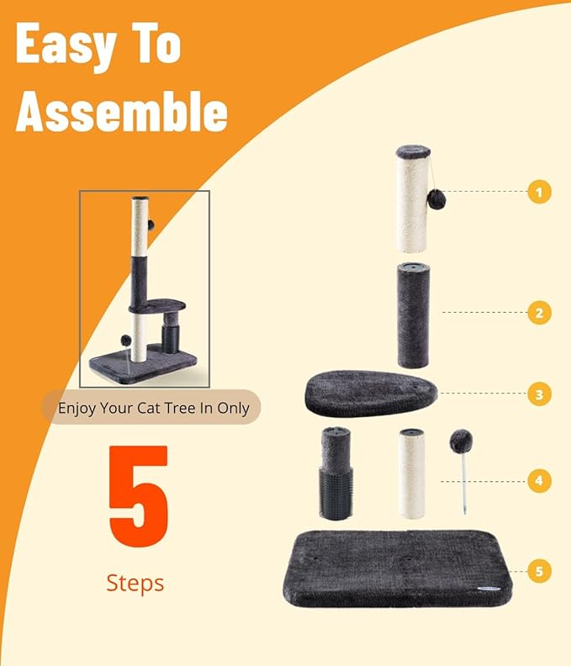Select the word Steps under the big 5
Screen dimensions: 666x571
coord(135,582)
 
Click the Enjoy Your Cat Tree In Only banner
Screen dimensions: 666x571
coord(152,408)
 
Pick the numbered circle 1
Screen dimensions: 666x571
coord(540,192)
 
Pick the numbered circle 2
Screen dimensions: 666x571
coord(540,313)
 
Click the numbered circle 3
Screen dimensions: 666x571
coord(540,393)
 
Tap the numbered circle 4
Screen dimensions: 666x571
coord(540,481)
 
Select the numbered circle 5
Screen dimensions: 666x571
coord(540,571)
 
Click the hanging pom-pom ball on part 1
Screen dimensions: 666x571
coord(435,199)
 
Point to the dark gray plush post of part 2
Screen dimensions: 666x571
coord(413,316)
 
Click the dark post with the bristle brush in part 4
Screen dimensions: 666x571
coord(336,474)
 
